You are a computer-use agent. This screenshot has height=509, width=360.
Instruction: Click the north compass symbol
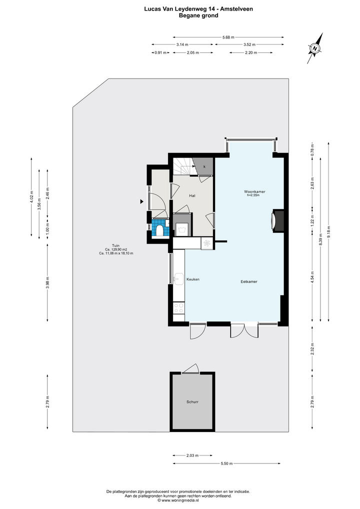[x=315, y=48]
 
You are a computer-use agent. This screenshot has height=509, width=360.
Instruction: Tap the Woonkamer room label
[x=254, y=192]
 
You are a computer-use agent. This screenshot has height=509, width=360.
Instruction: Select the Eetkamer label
[x=248, y=282]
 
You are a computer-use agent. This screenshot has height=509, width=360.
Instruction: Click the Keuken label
[x=193, y=279]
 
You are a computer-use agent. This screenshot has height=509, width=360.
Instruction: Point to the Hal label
[x=192, y=195]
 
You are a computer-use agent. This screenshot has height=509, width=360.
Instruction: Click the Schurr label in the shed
[x=192, y=402]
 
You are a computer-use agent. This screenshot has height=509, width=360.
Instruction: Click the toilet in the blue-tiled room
[x=159, y=231]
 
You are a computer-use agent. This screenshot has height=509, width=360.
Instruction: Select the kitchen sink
[x=178, y=278]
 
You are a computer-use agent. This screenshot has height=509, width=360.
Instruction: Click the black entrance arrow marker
[x=141, y=201]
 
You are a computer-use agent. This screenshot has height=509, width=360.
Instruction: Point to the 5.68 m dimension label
[x=228, y=37]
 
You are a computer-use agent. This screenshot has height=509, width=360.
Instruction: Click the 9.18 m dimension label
[x=328, y=231]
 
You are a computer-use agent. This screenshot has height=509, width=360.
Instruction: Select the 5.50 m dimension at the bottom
[x=226, y=463]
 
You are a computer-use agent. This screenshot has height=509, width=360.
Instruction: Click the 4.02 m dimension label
[x=31, y=197]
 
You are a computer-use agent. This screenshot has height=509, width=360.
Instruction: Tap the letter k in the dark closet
[x=204, y=166]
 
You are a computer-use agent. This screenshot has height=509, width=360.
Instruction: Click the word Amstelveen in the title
[x=236, y=9]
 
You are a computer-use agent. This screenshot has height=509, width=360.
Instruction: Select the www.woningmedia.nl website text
[x=180, y=500]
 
